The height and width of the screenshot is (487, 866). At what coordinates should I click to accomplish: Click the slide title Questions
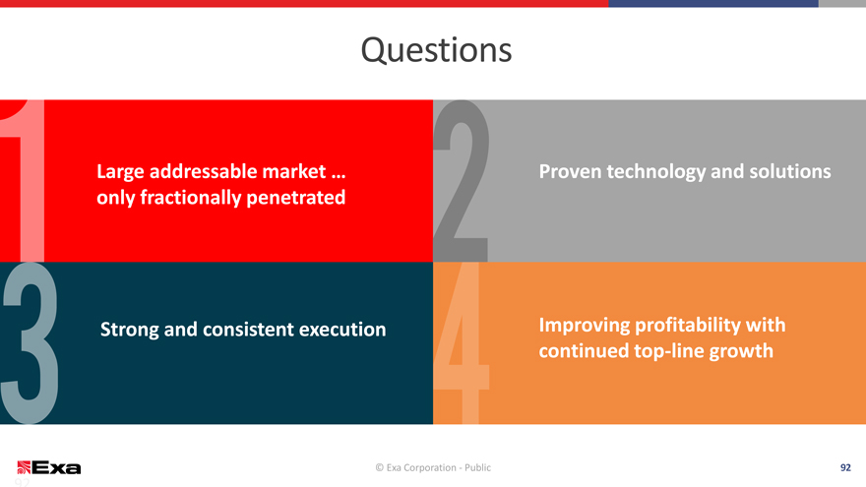click(436, 50)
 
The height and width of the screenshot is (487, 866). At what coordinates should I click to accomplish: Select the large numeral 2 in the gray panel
click(462, 181)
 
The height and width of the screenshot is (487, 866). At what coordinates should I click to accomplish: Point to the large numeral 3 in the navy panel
click(30, 343)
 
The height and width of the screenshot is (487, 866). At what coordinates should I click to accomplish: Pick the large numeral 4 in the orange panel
click(462, 343)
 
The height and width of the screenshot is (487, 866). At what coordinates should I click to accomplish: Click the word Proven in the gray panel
click(570, 172)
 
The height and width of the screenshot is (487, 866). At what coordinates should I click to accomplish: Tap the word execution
click(342, 330)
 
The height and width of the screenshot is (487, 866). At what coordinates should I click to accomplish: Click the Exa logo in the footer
click(49, 467)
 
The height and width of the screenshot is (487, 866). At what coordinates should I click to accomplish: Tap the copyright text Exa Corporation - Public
click(433, 467)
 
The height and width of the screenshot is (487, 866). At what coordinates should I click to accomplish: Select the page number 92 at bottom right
click(845, 467)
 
